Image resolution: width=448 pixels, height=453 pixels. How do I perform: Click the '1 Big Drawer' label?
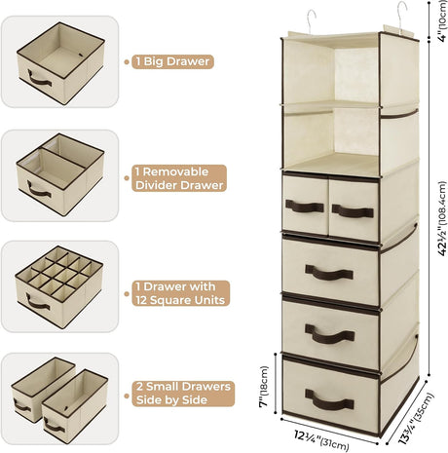[172, 61]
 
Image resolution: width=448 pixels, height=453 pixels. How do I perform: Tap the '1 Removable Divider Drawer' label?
[179, 178]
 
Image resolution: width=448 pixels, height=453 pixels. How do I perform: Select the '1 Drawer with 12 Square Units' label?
[181, 293]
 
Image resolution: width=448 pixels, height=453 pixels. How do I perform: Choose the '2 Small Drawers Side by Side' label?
[183, 394]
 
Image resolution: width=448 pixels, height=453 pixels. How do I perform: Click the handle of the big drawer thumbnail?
[39, 79]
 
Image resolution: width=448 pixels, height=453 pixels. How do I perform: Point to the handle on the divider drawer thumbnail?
[39, 191]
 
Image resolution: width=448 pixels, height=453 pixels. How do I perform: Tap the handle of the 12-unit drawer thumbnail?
[38, 303]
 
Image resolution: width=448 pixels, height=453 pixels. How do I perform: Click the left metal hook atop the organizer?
[310, 21]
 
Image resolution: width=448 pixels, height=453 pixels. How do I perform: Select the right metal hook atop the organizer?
[401, 17]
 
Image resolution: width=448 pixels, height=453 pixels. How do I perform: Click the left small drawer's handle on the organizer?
[305, 207]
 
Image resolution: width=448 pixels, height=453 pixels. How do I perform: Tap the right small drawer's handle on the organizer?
[353, 211]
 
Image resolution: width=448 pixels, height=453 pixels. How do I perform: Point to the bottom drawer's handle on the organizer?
[329, 400]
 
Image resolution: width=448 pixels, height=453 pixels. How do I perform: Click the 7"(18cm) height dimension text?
[265, 386]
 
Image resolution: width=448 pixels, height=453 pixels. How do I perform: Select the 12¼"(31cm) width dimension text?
[321, 439]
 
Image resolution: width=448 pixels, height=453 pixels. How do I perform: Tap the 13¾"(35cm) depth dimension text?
[416, 419]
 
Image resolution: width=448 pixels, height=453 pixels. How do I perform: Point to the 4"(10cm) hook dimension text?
[443, 20]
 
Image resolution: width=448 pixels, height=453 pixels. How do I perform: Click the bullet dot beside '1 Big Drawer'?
[127, 61]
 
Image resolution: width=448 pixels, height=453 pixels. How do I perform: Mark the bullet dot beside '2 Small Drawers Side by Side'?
[127, 396]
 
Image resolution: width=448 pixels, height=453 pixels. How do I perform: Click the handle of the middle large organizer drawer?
[329, 334]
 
